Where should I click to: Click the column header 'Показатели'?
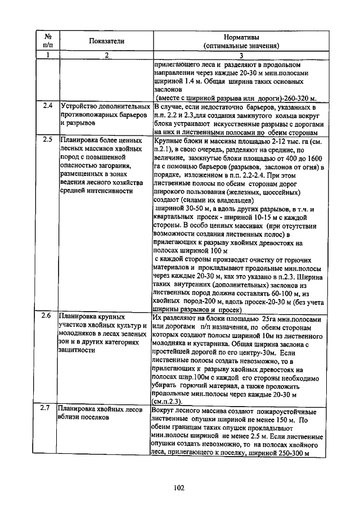point(106,40)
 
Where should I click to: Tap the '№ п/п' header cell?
point(47,40)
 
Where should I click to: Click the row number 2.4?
point(48,105)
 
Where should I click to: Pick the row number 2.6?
point(48,317)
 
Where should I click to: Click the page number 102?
point(180,488)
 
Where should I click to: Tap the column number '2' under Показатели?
point(106,55)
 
